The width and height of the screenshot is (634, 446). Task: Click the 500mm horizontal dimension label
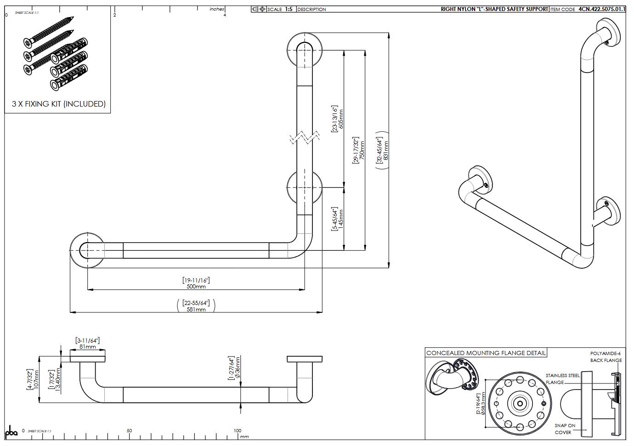(x=196, y=286)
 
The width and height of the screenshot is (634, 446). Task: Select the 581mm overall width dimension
(x=196, y=309)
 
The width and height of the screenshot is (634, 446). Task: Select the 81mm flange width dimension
(x=87, y=347)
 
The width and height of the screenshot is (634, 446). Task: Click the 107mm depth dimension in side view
(x=36, y=379)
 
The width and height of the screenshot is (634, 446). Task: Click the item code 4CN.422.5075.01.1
(x=601, y=9)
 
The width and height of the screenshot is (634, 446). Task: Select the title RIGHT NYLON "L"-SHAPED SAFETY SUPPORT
(x=494, y=9)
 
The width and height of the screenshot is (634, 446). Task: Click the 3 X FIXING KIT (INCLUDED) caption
(x=58, y=104)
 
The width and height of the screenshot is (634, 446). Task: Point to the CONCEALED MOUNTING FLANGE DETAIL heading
(x=486, y=353)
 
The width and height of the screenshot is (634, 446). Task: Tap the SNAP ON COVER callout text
(x=564, y=429)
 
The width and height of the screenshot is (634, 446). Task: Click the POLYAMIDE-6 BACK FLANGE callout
(x=606, y=356)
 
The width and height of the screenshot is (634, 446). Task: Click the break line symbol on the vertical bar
(x=305, y=137)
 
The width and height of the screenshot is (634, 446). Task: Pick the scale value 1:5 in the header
(x=289, y=9)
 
